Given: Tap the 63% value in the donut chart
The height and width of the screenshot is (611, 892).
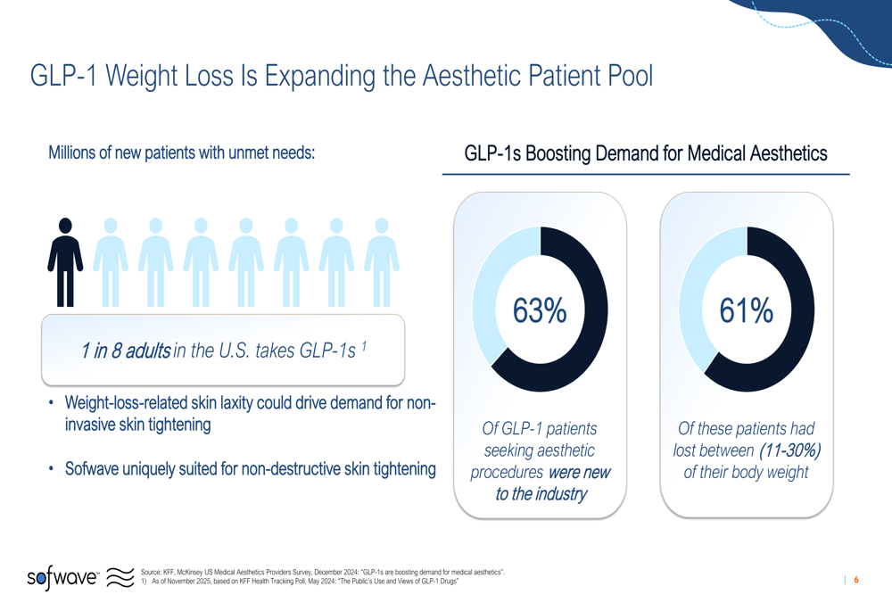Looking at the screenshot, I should pyautogui.click(x=540, y=310).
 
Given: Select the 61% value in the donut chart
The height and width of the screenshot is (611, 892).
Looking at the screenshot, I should pyautogui.click(x=747, y=310).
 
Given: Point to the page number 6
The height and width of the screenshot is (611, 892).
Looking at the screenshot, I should pyautogui.click(x=856, y=581).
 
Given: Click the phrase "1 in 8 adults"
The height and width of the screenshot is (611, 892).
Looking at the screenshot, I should pyautogui.click(x=125, y=351).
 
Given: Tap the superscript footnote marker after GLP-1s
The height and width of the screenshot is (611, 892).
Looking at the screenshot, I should pyautogui.click(x=364, y=345).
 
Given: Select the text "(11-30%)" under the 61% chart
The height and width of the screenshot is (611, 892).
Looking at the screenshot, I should pyautogui.click(x=783, y=450).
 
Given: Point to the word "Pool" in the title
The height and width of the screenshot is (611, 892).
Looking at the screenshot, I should pyautogui.click(x=624, y=76).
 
